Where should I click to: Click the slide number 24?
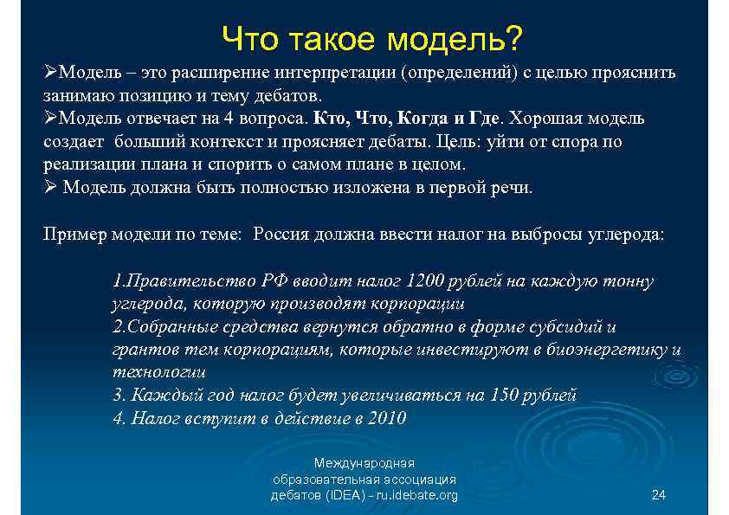(x=658, y=495)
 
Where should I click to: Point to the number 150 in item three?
(x=506, y=396)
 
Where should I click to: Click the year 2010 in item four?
(x=386, y=418)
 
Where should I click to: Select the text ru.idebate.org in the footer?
(x=415, y=495)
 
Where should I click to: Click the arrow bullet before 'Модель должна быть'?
(x=50, y=187)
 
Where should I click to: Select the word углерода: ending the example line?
(x=619, y=235)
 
